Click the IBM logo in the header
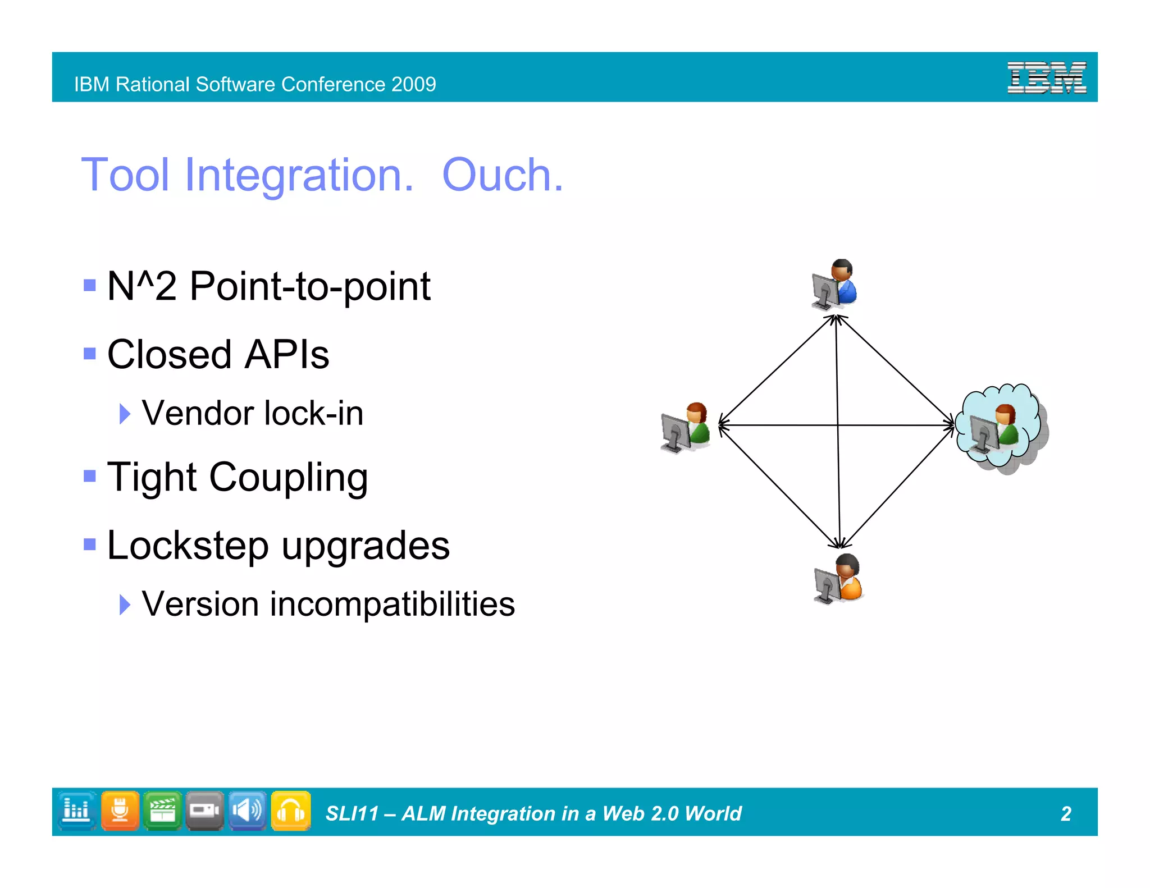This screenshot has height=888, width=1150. coord(1046,77)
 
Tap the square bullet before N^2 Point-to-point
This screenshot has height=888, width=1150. coord(89,285)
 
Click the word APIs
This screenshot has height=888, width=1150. coord(287,355)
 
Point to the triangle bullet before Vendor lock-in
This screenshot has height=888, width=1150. coord(125,414)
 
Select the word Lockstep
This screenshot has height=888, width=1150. coord(188,546)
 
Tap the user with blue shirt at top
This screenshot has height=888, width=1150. coord(834,284)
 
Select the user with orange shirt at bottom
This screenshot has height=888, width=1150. coord(838,579)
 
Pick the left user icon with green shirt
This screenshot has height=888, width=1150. coord(686,427)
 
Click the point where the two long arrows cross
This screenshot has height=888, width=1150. coord(838,425)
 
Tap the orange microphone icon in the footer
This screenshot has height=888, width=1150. coord(120,811)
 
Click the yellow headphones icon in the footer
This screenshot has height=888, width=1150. coord(291,811)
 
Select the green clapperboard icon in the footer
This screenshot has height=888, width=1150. coord(162,811)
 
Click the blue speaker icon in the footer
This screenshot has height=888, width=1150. coord(248,811)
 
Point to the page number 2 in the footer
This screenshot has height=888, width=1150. coord(1065,813)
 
